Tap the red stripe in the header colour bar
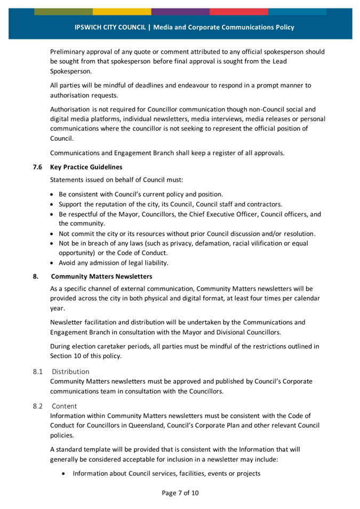pos(238,11)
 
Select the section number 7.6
pos(37,167)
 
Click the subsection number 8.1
pos(37,371)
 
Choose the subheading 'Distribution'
pos(70,371)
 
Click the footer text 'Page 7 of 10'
pos(180,492)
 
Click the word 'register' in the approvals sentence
pos(213,153)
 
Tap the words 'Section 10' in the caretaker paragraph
pos(66,355)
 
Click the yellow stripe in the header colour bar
pos(122,11)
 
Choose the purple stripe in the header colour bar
pos(180,11)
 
